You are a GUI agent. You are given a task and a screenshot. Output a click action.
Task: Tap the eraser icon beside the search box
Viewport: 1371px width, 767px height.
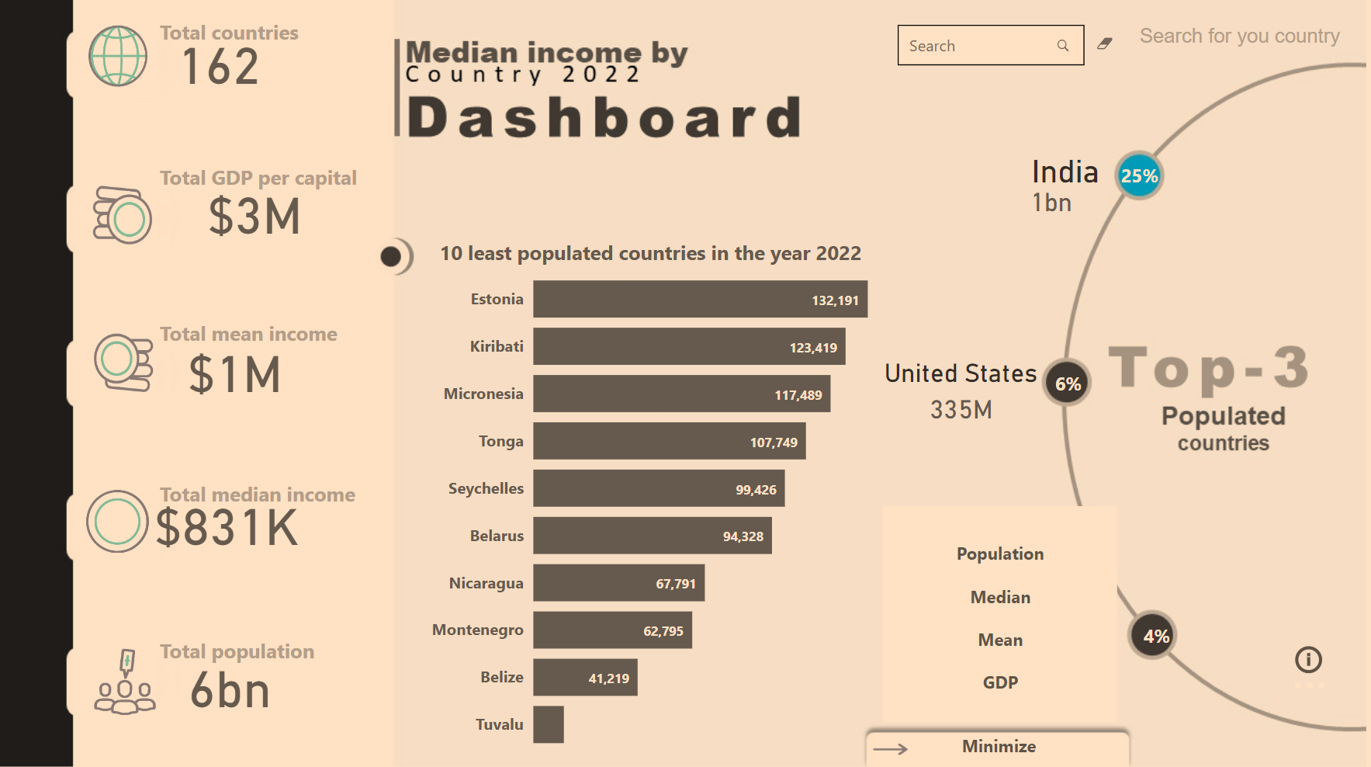click(1104, 44)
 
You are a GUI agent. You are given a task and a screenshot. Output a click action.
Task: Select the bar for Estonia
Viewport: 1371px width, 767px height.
click(699, 300)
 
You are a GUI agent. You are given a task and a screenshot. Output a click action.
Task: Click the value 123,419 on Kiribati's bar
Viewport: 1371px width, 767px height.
click(812, 348)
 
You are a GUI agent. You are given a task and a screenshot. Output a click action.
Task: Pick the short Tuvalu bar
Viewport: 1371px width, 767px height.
click(548, 724)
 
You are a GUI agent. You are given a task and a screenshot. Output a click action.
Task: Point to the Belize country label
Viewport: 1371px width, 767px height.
click(501, 677)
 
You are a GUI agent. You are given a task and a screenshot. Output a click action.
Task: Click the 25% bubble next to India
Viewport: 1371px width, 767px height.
click(1138, 176)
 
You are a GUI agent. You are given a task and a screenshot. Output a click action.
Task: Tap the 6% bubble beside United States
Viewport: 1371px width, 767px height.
click(1067, 383)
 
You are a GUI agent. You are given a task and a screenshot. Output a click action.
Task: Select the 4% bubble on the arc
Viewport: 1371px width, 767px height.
click(1154, 636)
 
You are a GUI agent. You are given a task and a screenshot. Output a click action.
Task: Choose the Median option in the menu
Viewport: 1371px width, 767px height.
click(999, 597)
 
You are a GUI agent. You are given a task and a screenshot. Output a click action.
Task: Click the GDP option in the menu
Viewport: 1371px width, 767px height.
click(999, 682)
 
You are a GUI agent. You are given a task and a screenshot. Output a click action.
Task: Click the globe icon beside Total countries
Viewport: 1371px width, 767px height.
click(118, 56)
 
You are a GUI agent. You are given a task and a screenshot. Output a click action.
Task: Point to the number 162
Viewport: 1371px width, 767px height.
click(220, 68)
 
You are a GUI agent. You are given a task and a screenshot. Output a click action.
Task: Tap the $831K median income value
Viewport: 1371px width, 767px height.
click(227, 529)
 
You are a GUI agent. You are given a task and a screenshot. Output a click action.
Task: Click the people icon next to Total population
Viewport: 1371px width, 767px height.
click(124, 682)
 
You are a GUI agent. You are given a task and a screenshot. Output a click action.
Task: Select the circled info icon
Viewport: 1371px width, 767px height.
click(1307, 660)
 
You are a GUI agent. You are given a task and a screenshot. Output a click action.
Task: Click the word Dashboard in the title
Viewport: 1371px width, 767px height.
click(603, 118)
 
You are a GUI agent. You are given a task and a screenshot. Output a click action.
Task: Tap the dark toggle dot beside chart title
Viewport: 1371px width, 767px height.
click(391, 256)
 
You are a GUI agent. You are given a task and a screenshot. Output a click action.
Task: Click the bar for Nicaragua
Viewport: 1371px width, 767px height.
click(618, 583)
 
